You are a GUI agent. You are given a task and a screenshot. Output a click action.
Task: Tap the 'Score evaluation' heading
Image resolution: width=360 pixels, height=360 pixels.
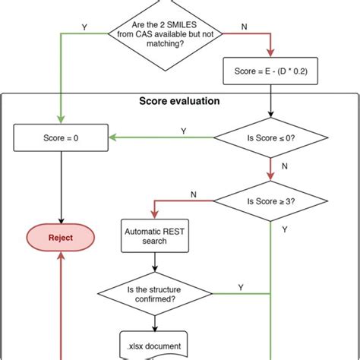pyautogui.click(x=181, y=101)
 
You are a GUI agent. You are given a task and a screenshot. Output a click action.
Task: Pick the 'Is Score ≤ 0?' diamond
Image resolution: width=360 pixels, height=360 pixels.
pyautogui.click(x=271, y=138)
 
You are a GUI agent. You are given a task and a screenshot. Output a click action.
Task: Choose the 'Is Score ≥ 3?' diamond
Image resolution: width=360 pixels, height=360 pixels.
pyautogui.click(x=271, y=202)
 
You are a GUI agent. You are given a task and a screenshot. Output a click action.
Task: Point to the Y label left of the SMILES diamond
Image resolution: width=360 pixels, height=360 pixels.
pyautogui.click(x=84, y=27)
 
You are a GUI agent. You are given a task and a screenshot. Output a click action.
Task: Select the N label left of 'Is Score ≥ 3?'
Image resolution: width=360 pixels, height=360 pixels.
pyautogui.click(x=194, y=194)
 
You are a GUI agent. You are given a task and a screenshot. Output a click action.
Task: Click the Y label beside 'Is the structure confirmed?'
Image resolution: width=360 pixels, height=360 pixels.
pyautogui.click(x=240, y=286)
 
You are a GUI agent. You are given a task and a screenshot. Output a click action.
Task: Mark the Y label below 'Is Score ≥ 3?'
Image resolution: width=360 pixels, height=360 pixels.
pyautogui.click(x=284, y=228)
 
